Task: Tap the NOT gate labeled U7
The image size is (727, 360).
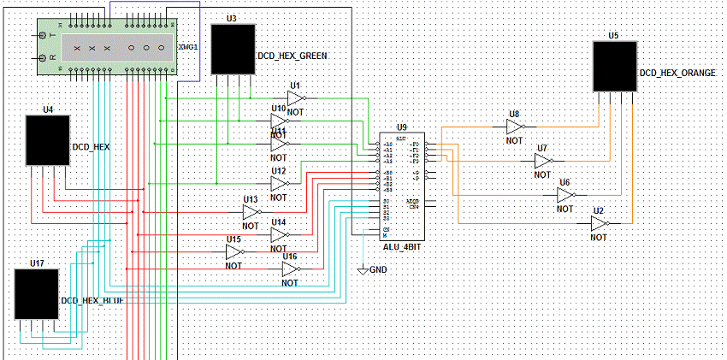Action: [x=543, y=162]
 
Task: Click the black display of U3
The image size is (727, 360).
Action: [x=233, y=49]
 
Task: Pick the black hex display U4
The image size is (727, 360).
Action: [x=47, y=140]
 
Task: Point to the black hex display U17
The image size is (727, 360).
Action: [x=37, y=294]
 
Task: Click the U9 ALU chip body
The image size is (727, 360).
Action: [x=403, y=187]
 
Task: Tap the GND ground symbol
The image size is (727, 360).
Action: [x=363, y=270]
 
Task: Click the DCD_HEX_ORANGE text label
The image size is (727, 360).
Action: [x=677, y=74]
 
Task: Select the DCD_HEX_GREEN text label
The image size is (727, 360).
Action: [x=293, y=56]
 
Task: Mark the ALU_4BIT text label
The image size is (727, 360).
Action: [x=404, y=246]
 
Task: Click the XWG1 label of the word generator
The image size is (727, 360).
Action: [x=189, y=47]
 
